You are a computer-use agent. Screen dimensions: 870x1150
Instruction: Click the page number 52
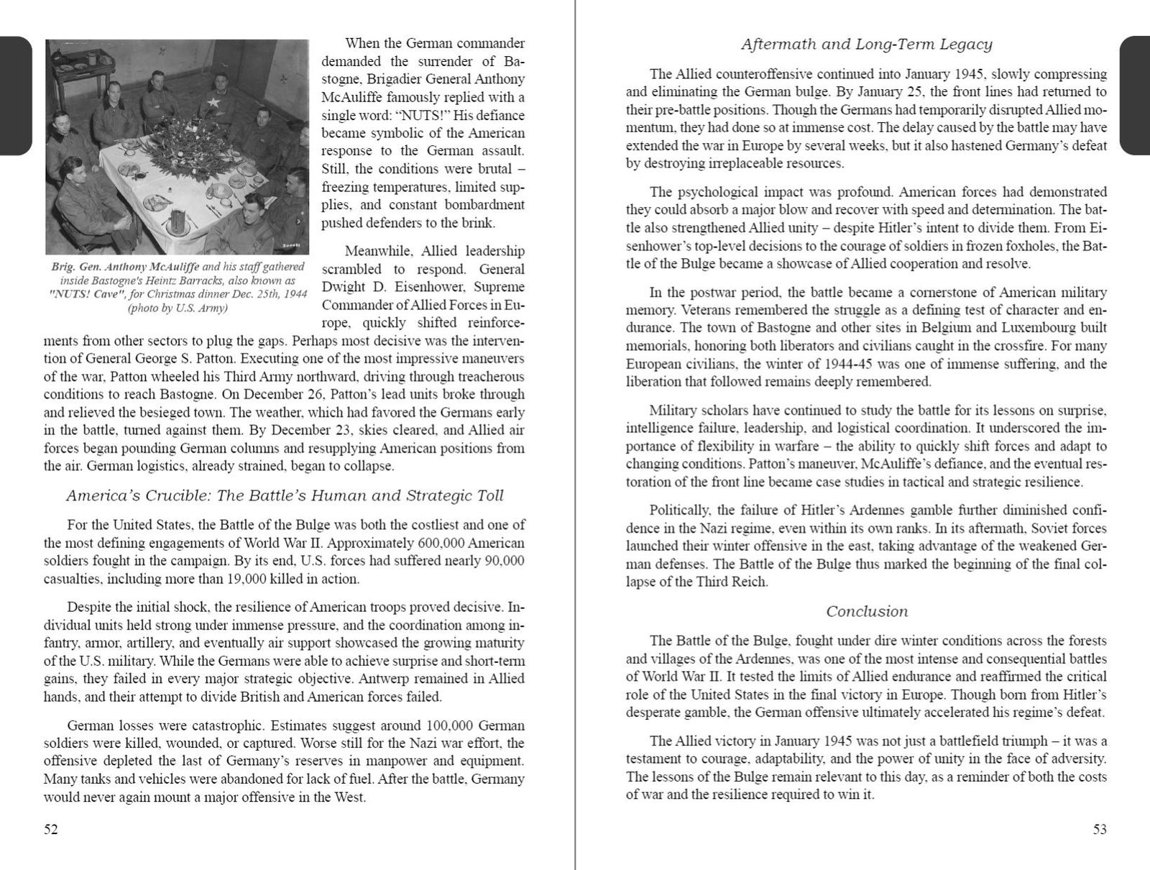click(x=51, y=829)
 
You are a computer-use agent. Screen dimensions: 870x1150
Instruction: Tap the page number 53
click(x=1100, y=829)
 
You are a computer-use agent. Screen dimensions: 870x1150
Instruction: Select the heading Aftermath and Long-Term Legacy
click(x=866, y=45)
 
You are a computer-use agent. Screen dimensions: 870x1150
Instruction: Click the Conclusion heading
click(x=866, y=612)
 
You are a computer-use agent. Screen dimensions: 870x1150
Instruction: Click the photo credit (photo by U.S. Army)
click(x=177, y=308)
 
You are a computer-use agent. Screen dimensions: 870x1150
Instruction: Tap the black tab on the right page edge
click(x=1135, y=96)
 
